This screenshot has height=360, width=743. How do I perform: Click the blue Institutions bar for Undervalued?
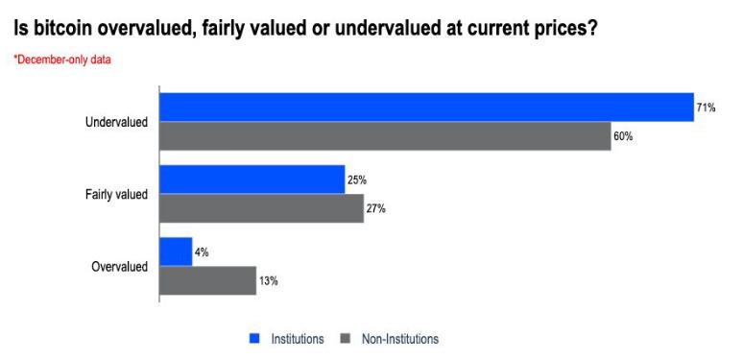(x=425, y=108)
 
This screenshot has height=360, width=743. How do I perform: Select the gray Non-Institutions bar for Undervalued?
(x=384, y=136)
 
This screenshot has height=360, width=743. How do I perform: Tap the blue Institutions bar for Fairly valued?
(x=252, y=180)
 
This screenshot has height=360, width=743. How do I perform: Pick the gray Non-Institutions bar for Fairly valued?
(x=261, y=208)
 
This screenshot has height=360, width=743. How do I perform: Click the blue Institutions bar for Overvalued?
(x=176, y=252)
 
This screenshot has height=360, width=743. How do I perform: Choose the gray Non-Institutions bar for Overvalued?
(x=207, y=280)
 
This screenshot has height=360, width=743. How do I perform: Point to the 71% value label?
(x=707, y=108)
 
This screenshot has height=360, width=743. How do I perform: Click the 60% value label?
(x=623, y=136)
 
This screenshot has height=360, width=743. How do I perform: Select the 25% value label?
(x=357, y=180)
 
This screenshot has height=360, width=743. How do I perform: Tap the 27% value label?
(x=375, y=208)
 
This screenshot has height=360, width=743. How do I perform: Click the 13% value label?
(x=268, y=280)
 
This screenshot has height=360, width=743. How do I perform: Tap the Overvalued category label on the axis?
(x=119, y=267)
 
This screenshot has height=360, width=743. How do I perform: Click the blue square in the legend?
(x=254, y=339)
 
